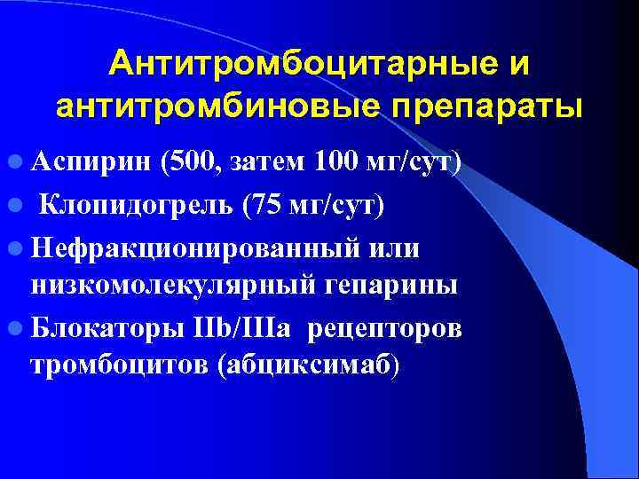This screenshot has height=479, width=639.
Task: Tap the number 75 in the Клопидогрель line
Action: tap(265, 205)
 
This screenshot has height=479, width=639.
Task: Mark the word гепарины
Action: tap(395, 285)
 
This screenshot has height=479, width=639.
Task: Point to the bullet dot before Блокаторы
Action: tap(14, 327)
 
